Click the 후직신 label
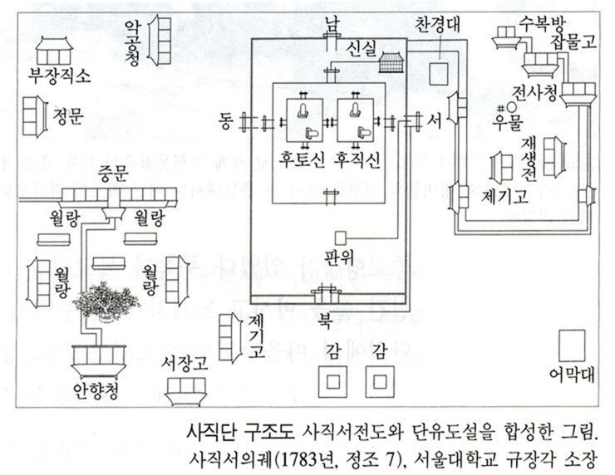pyautogui.click(x=357, y=160)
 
